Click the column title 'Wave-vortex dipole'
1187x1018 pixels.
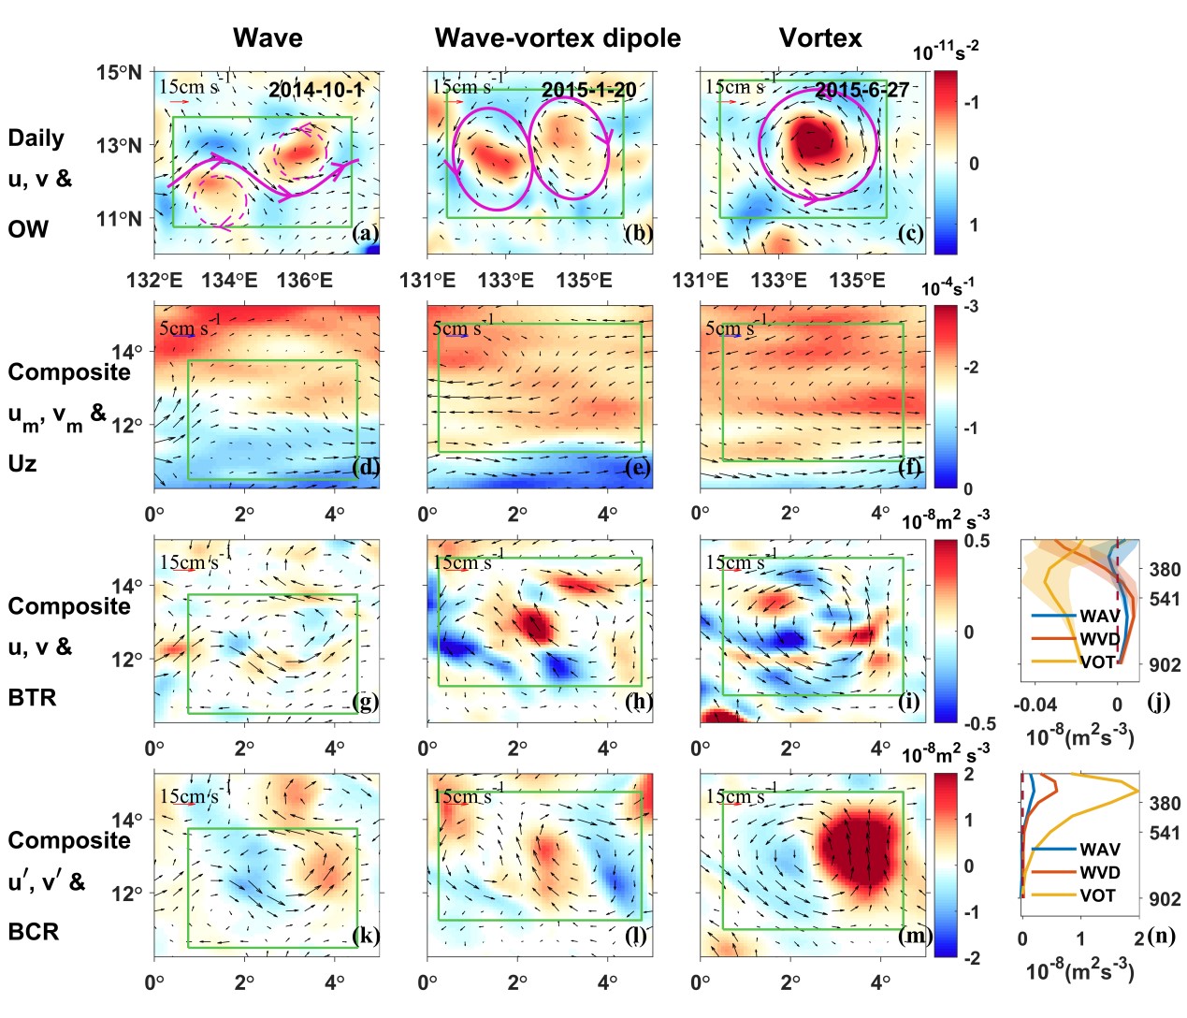557,38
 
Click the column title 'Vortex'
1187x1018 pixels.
820,38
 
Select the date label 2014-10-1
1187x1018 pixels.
315,90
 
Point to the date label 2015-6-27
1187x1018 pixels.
861,90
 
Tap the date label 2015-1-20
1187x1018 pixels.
588,90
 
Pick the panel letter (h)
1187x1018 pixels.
639,702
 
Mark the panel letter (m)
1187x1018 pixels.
913,936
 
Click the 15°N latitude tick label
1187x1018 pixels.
119,73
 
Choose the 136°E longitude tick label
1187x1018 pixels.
305,281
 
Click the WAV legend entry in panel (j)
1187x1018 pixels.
1099,616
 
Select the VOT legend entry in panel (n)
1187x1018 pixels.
1097,895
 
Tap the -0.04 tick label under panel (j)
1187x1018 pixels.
1035,705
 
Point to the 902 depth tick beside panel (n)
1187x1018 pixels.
1165,899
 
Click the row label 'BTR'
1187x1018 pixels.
32,697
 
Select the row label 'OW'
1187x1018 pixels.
28,229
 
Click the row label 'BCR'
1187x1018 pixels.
33,932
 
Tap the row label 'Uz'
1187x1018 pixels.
22,463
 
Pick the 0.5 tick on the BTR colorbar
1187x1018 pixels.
977,542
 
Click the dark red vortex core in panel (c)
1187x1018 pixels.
812,142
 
